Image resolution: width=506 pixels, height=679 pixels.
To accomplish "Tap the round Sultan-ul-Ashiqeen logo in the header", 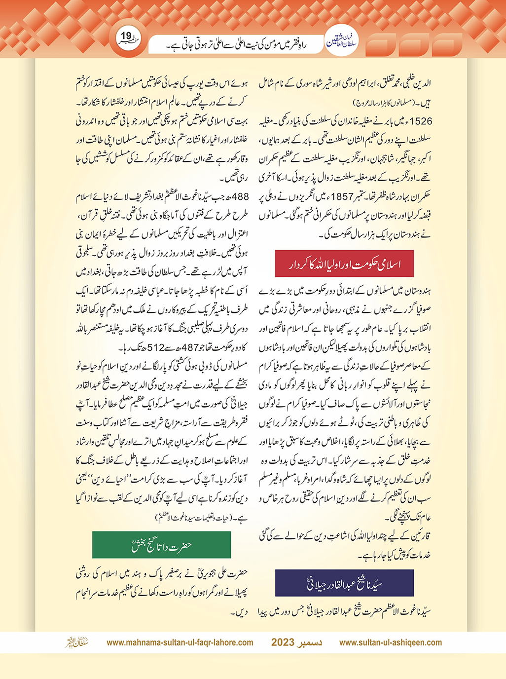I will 341,42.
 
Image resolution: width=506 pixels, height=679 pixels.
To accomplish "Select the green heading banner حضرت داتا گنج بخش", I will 161,545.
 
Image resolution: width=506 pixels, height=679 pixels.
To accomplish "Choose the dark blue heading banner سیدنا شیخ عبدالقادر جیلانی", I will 344,583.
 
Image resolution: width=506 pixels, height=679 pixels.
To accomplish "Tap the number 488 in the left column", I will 240,197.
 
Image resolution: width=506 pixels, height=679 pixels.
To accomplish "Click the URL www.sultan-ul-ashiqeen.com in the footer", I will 390,642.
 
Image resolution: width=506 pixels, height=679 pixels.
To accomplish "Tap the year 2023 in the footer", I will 283,642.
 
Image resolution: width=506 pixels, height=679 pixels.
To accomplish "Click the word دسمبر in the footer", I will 311,642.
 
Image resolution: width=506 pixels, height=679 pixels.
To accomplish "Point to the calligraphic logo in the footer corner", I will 77,642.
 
